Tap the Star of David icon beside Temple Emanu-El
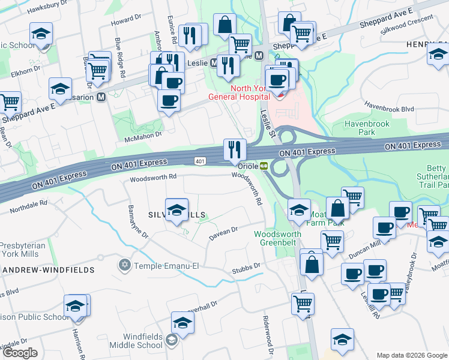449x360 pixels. pyautogui.click(x=125, y=265)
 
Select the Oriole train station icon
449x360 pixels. pyautogui.click(x=264, y=166)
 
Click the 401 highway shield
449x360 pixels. pyautogui.click(x=200, y=161)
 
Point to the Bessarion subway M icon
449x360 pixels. pyautogui.click(x=101, y=96)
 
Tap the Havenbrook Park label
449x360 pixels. pyautogui.click(x=367, y=128)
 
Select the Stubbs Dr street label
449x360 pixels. pyautogui.click(x=246, y=266)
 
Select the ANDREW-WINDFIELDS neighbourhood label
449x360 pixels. pyautogui.click(x=48, y=270)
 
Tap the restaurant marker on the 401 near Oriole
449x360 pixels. pyautogui.click(x=235, y=149)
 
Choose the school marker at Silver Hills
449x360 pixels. pyautogui.click(x=176, y=210)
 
